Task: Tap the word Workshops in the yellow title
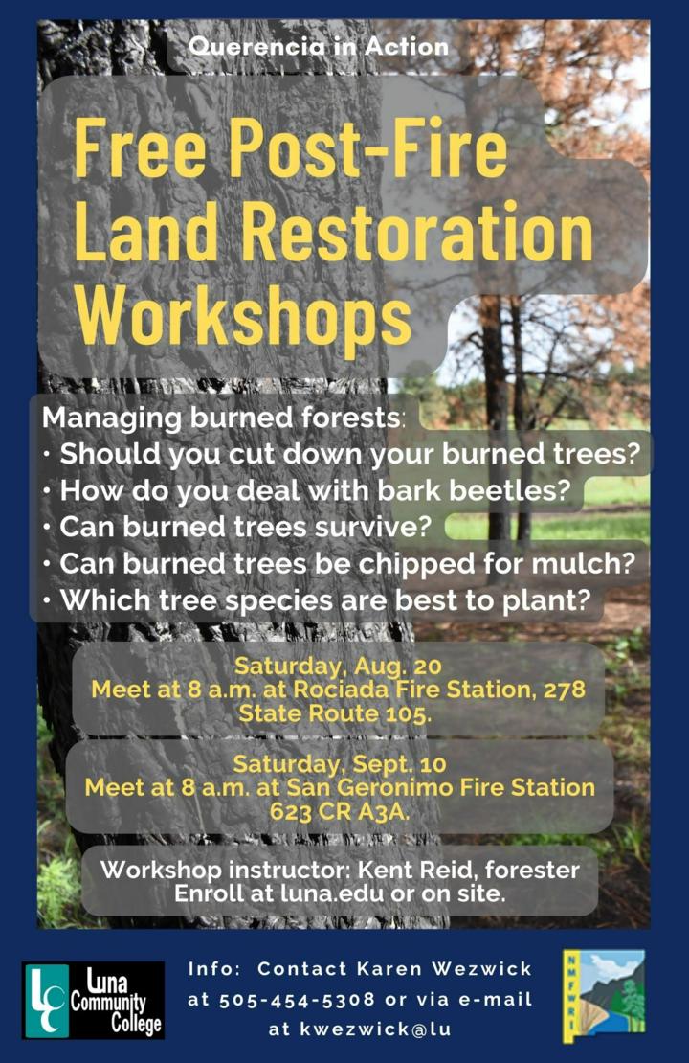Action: (244, 316)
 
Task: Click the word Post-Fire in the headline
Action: (368, 147)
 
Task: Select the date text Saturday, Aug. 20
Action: (338, 665)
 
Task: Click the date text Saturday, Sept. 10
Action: (340, 764)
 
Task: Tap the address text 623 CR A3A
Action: (340, 811)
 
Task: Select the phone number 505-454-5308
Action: (297, 999)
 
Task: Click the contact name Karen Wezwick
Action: (394, 968)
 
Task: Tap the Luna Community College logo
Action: (93, 1000)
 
